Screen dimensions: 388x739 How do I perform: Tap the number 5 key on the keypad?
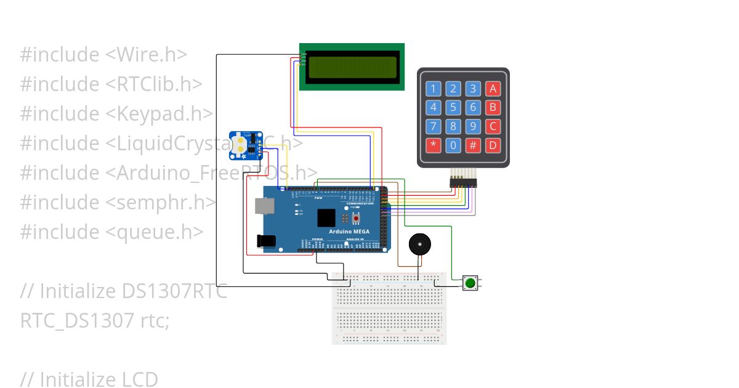[453, 108]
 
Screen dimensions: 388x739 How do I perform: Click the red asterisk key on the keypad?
[434, 146]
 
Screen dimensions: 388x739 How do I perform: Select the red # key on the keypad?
[473, 146]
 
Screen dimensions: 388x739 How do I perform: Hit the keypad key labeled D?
[493, 146]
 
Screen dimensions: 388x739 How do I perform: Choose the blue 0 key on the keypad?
[453, 146]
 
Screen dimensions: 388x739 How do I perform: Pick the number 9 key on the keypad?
[473, 127]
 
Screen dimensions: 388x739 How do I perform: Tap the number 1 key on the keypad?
[434, 89]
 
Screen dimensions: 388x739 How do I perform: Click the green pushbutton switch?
[470, 283]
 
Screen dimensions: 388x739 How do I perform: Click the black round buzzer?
[420, 245]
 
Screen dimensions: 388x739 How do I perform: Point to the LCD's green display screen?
[352, 67]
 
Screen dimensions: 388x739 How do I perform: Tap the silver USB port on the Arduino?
[265, 206]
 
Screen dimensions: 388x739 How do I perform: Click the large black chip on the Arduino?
[326, 218]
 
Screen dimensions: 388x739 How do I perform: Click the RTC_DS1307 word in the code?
[73, 321]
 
